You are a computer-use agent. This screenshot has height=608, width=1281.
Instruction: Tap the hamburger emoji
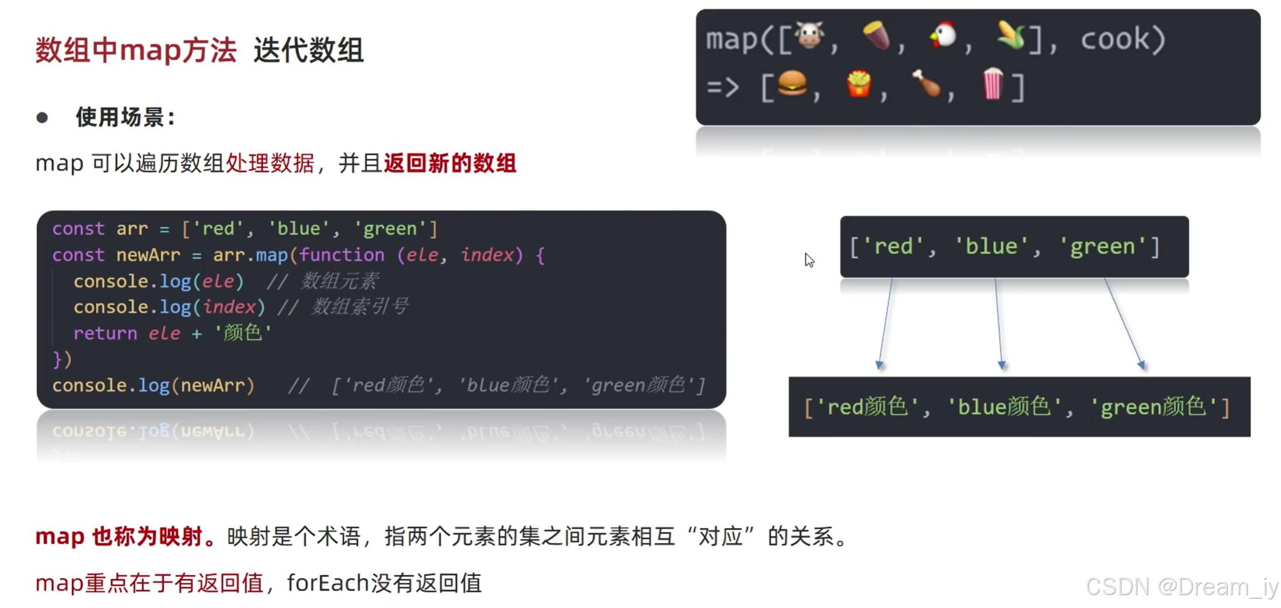pos(792,84)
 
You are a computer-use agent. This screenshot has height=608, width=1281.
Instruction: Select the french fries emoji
pos(859,84)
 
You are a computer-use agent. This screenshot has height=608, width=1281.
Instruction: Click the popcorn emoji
pos(993,84)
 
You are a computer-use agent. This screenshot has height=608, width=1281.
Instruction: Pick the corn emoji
pos(1011,36)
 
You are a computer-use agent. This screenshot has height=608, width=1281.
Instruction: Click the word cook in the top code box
pos(1115,40)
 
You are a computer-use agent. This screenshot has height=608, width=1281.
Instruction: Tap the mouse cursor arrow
pos(809,260)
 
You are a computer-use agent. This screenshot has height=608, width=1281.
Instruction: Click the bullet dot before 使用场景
pos(42,118)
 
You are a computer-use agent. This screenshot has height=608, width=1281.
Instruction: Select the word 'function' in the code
pos(342,255)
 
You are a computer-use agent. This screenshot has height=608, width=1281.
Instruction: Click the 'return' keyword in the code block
pos(105,334)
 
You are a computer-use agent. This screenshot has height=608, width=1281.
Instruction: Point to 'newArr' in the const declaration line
pos(148,255)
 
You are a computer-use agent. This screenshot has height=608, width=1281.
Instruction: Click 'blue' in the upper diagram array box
pos(991,247)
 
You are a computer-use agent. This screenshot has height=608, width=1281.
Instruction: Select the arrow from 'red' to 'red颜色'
pos(886,323)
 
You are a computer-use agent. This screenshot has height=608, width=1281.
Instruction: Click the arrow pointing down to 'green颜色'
pos(1124,323)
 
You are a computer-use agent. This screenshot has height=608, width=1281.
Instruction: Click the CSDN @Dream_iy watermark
pos(1181,586)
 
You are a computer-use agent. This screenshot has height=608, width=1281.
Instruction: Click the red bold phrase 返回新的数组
pos(450,163)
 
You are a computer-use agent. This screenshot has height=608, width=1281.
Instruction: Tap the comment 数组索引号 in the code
pos(360,307)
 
